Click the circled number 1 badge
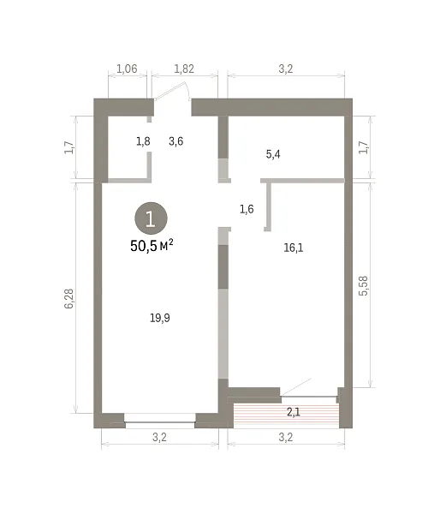[151, 218]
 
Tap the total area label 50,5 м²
[152, 246]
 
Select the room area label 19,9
[160, 318]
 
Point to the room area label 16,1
[294, 248]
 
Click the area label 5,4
[273, 154]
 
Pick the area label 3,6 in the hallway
[176, 141]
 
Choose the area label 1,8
[143, 141]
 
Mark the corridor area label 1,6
[247, 209]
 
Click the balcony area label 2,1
[294, 412]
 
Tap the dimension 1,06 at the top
[127, 69]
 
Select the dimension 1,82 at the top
[184, 69]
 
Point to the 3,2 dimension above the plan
[286, 69]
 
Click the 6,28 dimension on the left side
[69, 299]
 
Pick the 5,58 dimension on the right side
[363, 286]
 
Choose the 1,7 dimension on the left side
[69, 147]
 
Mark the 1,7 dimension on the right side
[363, 147]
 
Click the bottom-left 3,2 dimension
[159, 437]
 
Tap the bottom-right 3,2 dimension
[286, 437]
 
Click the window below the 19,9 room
[160, 421]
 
